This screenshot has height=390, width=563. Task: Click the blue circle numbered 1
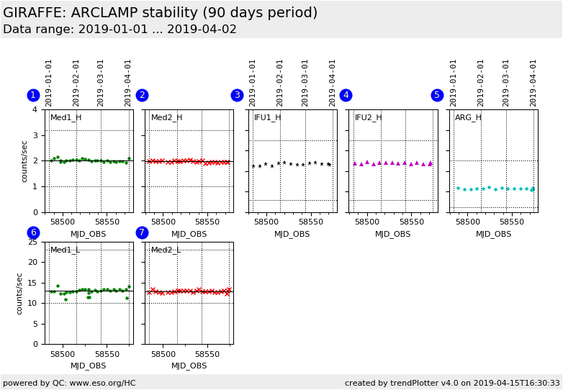point(33,95)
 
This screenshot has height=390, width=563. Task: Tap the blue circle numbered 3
point(237,95)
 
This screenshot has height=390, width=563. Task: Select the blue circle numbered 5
point(437,95)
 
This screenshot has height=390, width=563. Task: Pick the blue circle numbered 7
point(142,232)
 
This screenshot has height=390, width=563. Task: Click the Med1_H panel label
point(66,117)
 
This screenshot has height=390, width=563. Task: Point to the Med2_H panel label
point(166,117)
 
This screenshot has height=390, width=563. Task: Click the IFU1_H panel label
point(268,117)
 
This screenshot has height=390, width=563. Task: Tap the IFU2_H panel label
point(368,117)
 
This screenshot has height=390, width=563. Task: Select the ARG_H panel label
point(468,117)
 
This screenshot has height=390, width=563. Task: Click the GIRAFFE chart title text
point(160,13)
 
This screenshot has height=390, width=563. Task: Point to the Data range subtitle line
point(120,30)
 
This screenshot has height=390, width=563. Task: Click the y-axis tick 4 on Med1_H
point(35,109)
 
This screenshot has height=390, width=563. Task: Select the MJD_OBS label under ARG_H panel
point(493,234)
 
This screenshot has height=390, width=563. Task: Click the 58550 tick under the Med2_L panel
point(207,354)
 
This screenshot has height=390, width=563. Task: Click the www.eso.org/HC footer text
point(69,383)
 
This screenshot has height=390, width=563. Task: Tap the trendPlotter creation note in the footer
point(452,383)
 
